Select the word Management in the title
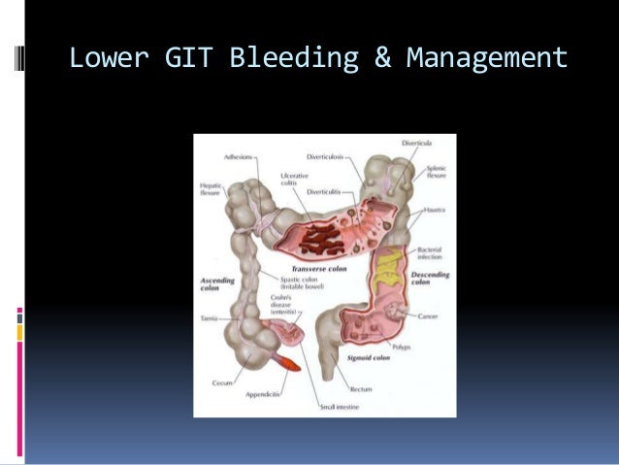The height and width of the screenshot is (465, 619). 487,59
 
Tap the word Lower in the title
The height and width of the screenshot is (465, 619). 107,59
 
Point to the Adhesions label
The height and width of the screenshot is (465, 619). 238,156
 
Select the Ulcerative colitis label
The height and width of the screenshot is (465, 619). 294,180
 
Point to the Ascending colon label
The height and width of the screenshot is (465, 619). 216,283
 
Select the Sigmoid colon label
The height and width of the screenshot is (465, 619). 369,358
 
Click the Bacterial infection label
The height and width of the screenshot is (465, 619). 430,253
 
